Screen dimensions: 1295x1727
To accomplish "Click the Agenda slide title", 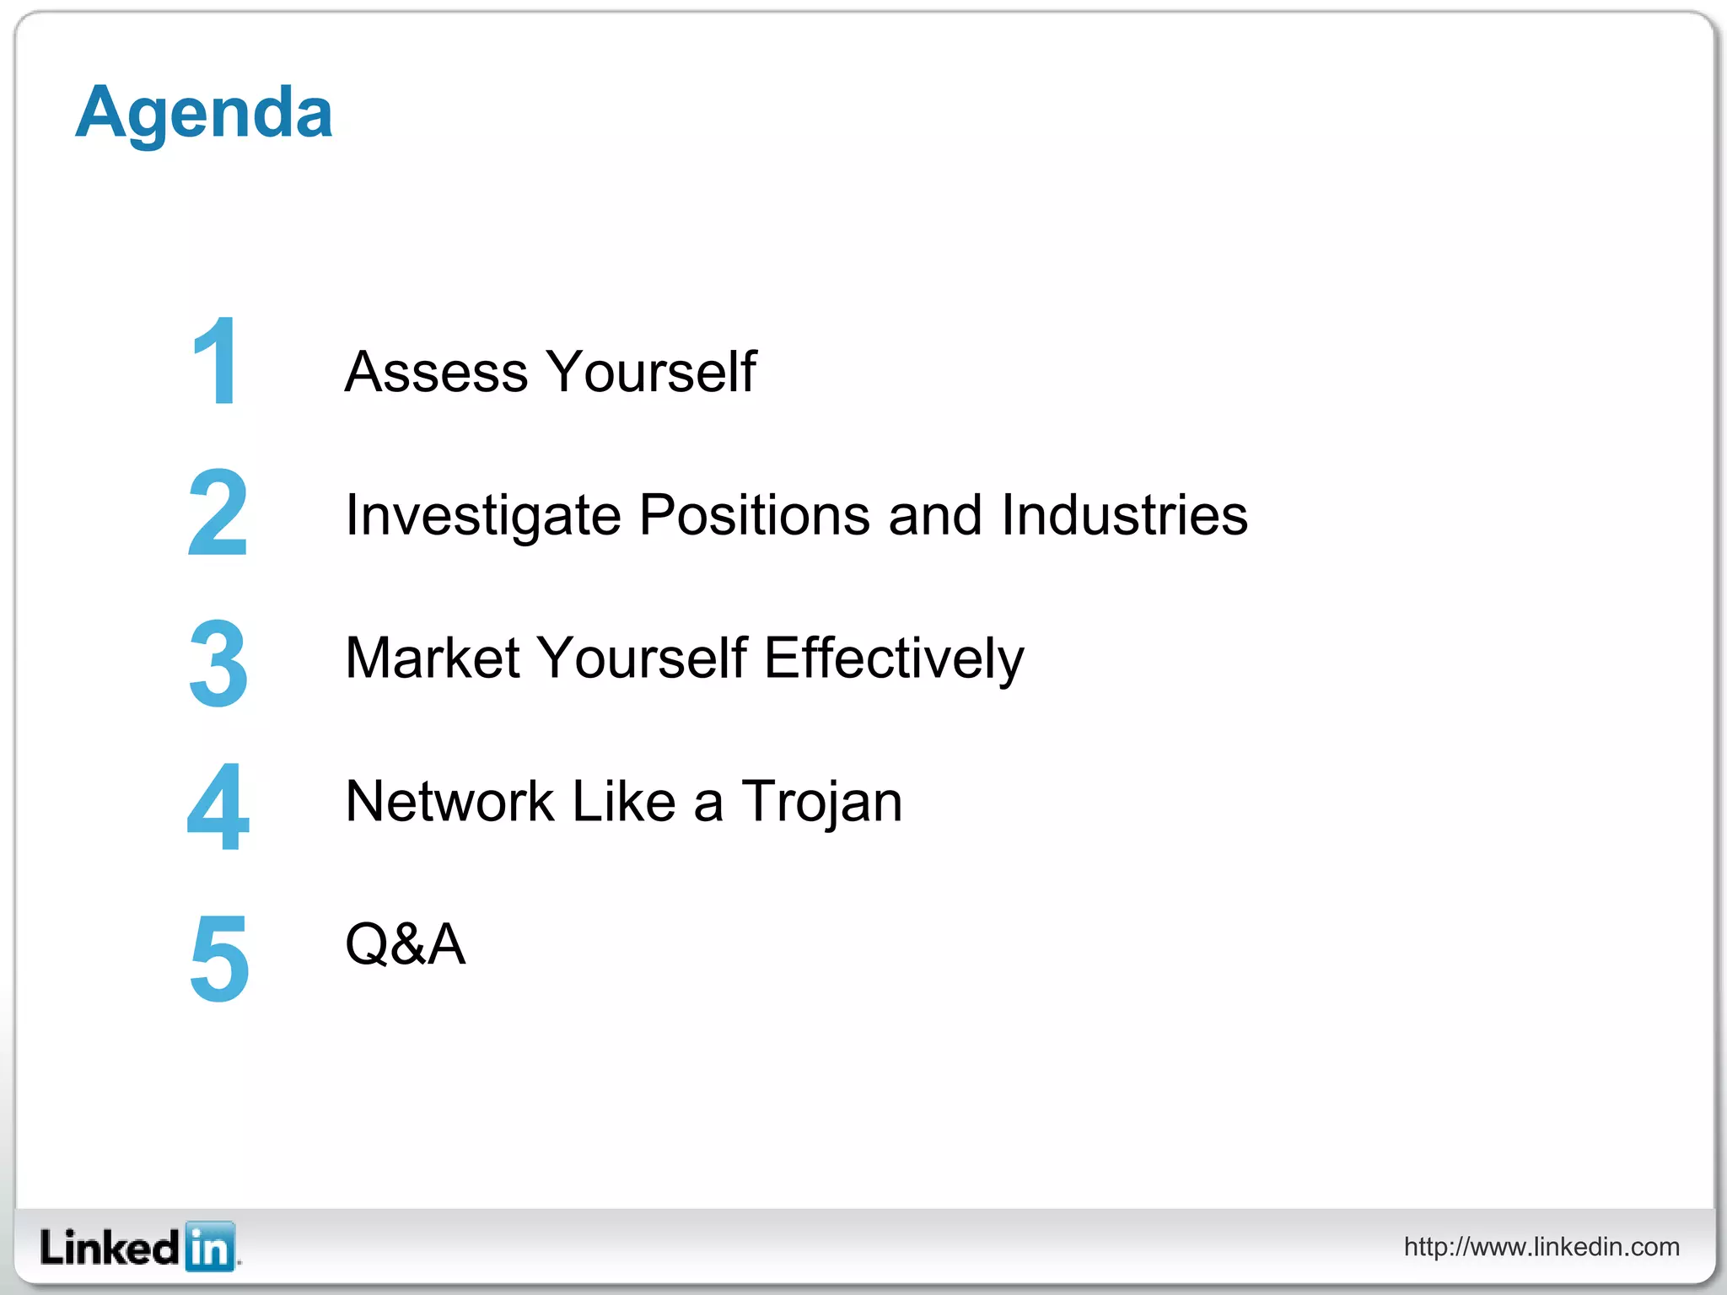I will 204,113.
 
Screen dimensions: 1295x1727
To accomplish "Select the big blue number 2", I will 218,513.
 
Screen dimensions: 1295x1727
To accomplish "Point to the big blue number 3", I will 218,663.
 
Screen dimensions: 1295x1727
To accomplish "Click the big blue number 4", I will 218,806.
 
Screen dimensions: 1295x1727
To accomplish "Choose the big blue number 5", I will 219,958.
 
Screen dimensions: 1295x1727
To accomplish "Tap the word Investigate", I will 483,515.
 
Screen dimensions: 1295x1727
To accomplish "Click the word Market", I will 432,658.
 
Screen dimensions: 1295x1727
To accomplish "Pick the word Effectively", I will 894,658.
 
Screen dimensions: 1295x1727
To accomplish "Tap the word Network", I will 449,801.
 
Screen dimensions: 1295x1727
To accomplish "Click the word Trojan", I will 821,802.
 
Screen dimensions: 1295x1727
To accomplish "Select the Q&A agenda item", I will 405,944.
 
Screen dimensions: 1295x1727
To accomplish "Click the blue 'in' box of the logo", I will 209,1247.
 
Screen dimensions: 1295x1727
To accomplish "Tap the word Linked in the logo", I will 110,1247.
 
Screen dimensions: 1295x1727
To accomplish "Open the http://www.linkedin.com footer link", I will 1541,1246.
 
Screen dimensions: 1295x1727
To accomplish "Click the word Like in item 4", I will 624,801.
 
